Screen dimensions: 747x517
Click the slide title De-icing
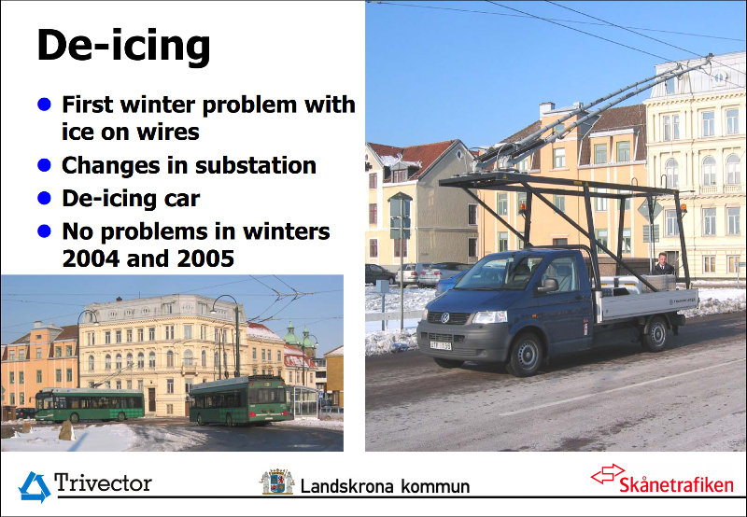pyautogui.click(x=123, y=48)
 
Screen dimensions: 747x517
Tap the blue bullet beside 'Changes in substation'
pyautogui.click(x=44, y=165)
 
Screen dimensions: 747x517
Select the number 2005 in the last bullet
pyautogui.click(x=205, y=258)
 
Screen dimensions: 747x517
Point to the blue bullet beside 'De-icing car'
pyautogui.click(x=44, y=198)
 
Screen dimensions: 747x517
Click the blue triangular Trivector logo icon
pyautogui.click(x=35, y=486)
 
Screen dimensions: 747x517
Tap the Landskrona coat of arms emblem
pyautogui.click(x=276, y=482)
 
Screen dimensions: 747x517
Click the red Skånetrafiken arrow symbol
pyautogui.click(x=608, y=474)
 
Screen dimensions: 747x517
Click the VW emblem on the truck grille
pyautogui.click(x=444, y=317)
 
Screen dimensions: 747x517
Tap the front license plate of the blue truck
pyautogui.click(x=440, y=345)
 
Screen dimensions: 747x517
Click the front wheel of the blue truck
pyautogui.click(x=526, y=355)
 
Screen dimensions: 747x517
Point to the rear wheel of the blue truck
pyautogui.click(x=656, y=334)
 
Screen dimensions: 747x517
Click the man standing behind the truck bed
pyautogui.click(x=663, y=264)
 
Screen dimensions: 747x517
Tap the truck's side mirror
pyautogui.click(x=548, y=286)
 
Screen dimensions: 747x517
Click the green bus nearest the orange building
pyautogui.click(x=90, y=406)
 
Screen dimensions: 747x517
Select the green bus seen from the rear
pyautogui.click(x=240, y=400)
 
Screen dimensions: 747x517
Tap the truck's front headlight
pyautogui.click(x=489, y=316)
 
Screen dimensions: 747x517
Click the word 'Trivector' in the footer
pyautogui.click(x=103, y=482)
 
